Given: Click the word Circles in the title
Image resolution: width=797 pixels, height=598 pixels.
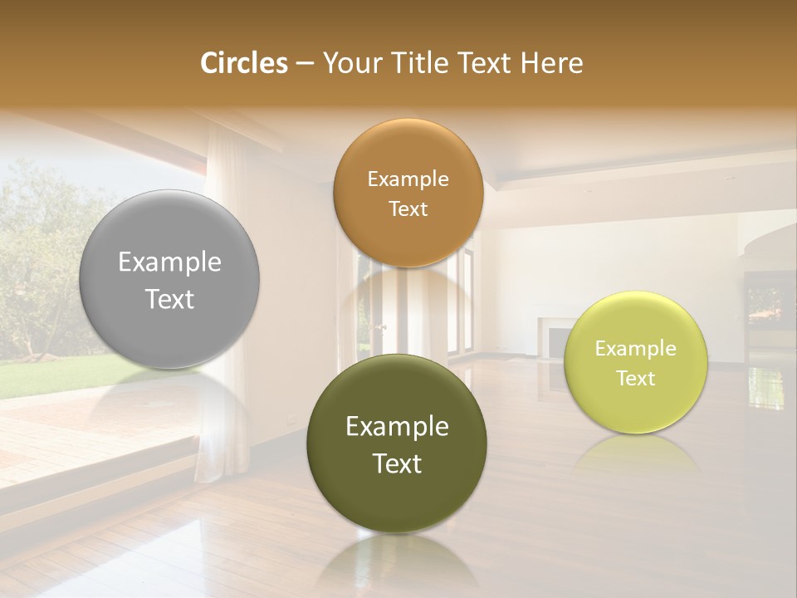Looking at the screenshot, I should [243, 63].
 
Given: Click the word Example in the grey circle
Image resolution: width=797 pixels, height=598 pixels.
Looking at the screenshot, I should [169, 262].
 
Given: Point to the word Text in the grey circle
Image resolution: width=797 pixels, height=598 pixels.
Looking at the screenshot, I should [169, 299].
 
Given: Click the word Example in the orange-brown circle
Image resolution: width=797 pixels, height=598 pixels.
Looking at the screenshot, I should [408, 179].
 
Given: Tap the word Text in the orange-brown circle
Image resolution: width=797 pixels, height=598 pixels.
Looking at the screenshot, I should [408, 209].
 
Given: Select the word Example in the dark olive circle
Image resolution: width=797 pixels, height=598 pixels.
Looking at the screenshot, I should [397, 427].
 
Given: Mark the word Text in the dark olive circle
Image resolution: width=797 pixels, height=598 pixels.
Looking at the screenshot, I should [397, 463].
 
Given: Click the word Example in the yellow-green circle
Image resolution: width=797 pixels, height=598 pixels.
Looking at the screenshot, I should [636, 349].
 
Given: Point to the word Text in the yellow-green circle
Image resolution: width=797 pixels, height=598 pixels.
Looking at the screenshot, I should [636, 379].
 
